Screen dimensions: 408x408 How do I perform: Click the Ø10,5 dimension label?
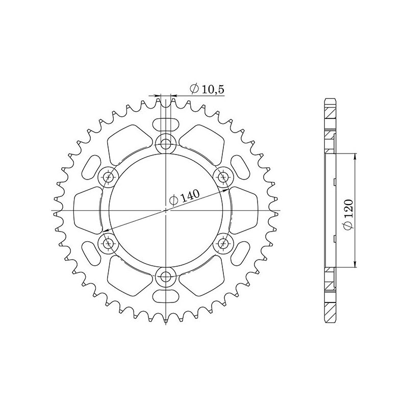(x=207, y=89)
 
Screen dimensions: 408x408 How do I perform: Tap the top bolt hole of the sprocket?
(x=165, y=143)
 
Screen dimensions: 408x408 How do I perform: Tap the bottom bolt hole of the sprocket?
(x=165, y=277)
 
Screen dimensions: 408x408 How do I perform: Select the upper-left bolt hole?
(x=108, y=177)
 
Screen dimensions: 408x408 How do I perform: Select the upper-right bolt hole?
(x=223, y=177)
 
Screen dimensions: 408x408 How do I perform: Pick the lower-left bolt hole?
(x=108, y=244)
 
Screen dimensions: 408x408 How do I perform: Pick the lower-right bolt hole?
(x=223, y=244)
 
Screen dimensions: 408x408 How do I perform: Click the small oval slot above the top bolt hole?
(x=165, y=124)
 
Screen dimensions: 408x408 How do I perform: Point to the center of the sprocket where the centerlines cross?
(x=165, y=210)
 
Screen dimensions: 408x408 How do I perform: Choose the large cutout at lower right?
(x=204, y=278)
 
